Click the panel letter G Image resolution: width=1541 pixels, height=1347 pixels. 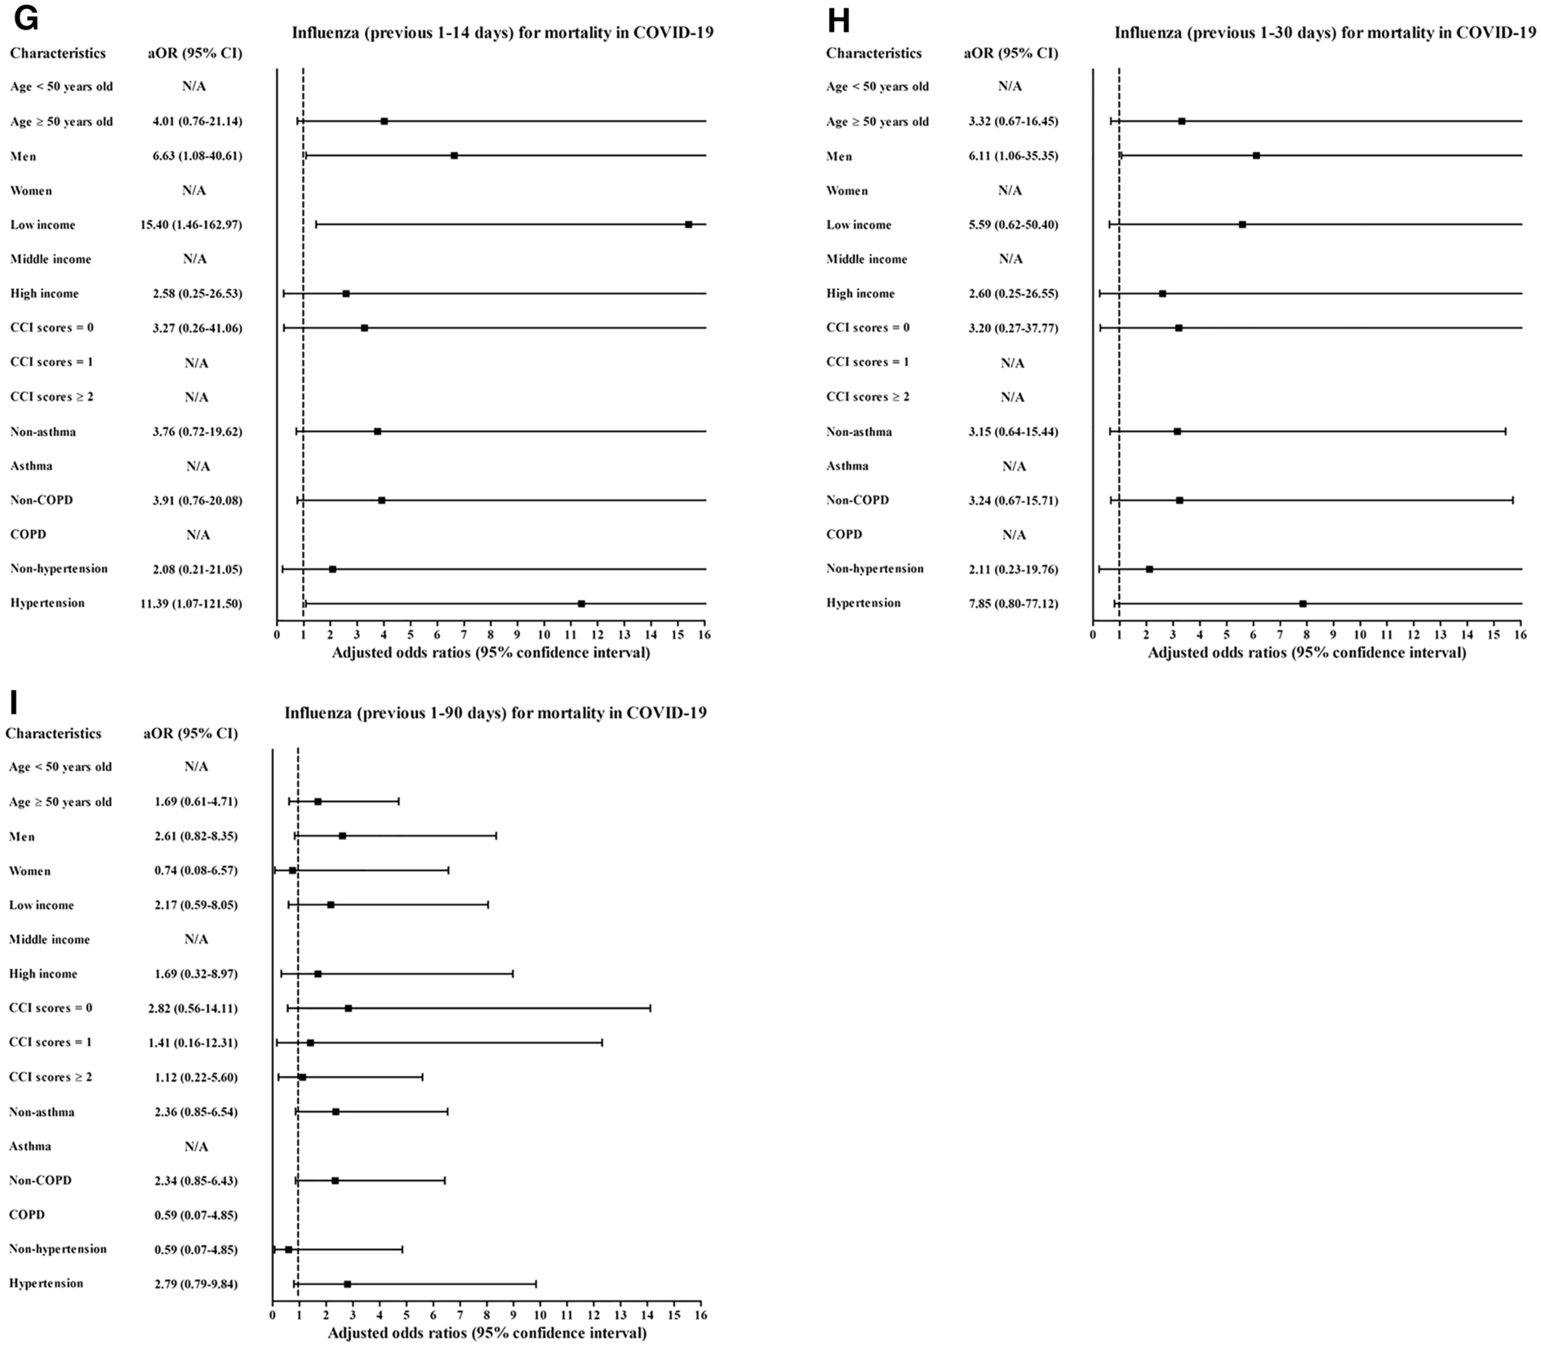pyautogui.click(x=26, y=19)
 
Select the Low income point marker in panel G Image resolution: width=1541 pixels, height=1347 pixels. pyautogui.click(x=688, y=224)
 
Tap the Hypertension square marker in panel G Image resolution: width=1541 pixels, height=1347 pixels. pyautogui.click(x=581, y=603)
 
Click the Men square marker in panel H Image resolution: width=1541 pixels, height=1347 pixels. pyautogui.click(x=1256, y=155)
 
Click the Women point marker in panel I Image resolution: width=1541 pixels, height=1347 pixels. pyautogui.click(x=292, y=871)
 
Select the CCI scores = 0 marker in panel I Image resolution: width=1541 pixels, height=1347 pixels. pyautogui.click(x=349, y=1008)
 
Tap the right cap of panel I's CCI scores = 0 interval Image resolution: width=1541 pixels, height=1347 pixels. pyautogui.click(x=651, y=1008)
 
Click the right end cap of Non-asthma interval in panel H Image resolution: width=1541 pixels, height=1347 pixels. pyautogui.click(x=1505, y=431)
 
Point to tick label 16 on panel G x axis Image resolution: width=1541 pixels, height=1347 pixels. pyautogui.click(x=704, y=634)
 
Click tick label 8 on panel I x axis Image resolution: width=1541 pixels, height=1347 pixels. pyautogui.click(x=486, y=1315)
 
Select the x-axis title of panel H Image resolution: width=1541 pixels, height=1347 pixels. pyautogui.click(x=1306, y=653)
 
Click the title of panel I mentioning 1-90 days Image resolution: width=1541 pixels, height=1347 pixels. pyautogui.click(x=495, y=713)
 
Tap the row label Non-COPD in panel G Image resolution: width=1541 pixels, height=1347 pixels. pyautogui.click(x=42, y=500)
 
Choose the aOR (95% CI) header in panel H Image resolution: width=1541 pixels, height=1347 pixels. pyautogui.click(x=1010, y=53)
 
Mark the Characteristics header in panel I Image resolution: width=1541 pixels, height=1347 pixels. pyautogui.click(x=54, y=733)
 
